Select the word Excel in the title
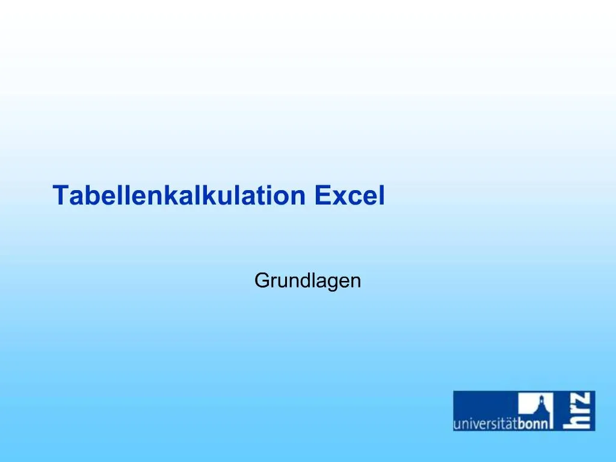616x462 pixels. pyautogui.click(x=350, y=196)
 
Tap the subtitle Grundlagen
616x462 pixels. pyautogui.click(x=307, y=280)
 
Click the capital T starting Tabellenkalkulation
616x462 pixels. pyautogui.click(x=61, y=196)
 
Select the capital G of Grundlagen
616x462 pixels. pyautogui.click(x=262, y=280)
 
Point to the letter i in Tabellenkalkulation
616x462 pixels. pyautogui.click(x=270, y=196)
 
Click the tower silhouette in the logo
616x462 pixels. pyautogui.click(x=541, y=405)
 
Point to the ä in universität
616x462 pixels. pyautogui.click(x=509, y=424)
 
